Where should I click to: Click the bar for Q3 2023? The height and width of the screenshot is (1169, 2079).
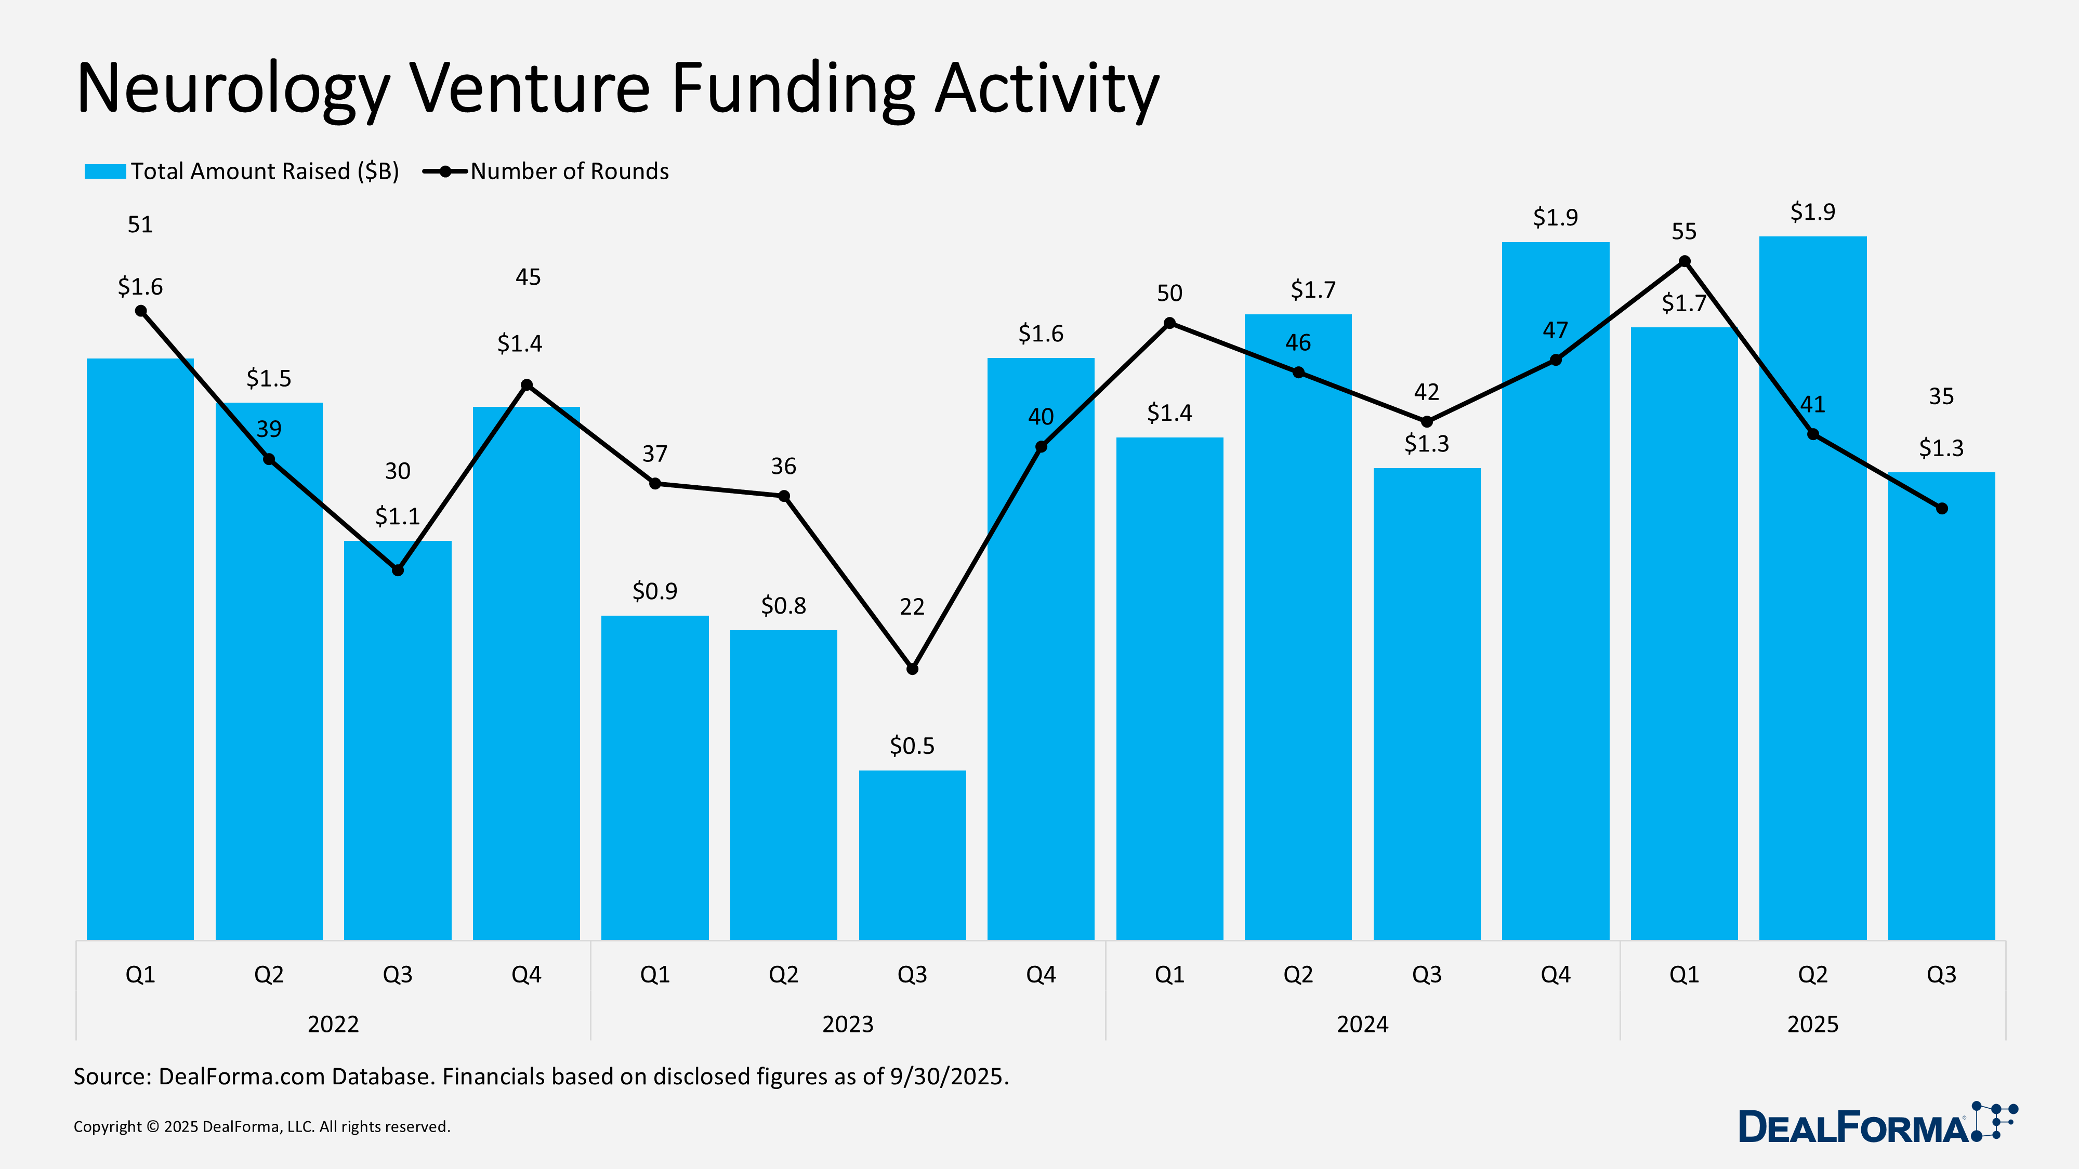[x=912, y=855]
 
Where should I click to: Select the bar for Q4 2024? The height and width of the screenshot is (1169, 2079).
[x=1555, y=645]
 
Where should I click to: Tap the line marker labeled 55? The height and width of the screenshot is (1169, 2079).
[x=1685, y=261]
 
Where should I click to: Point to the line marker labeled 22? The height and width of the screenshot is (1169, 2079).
[x=912, y=669]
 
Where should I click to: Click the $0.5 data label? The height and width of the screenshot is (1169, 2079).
[x=912, y=746]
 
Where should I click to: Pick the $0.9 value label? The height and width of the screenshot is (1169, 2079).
[x=654, y=591]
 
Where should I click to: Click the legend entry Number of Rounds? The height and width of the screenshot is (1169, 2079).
[x=569, y=171]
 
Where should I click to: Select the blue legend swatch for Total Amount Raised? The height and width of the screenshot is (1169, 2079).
[x=105, y=171]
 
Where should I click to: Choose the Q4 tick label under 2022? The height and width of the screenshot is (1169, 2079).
[x=526, y=975]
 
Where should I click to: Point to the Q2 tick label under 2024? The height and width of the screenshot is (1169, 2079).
[x=1298, y=975]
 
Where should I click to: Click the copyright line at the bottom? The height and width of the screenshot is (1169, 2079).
[x=261, y=1126]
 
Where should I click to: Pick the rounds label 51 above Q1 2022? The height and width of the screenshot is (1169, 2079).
[x=140, y=224]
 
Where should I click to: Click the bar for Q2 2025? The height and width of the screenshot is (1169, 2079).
[x=1813, y=645]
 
